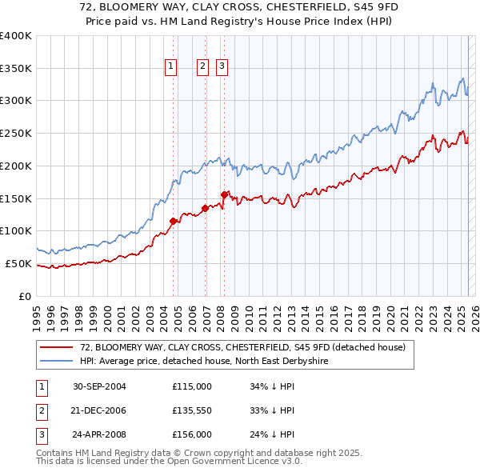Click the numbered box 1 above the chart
(171, 66)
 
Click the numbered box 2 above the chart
(202, 66)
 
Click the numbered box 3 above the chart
(221, 66)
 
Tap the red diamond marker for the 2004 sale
(173, 221)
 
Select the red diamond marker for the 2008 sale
(224, 194)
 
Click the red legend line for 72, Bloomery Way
(56, 347)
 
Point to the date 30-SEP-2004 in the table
(99, 386)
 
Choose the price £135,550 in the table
(192, 410)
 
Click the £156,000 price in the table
(192, 435)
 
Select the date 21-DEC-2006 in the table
(99, 410)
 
